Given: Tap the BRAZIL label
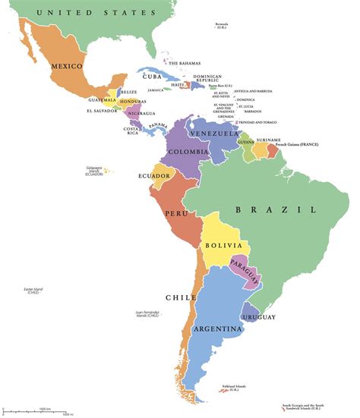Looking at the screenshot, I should point(276,209).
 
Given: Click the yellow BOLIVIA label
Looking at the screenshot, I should point(224,246).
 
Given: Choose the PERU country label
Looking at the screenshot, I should point(177,205).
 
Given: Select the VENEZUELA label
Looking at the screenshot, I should point(215,134).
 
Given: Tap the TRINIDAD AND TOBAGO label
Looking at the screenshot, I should point(260,122).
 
